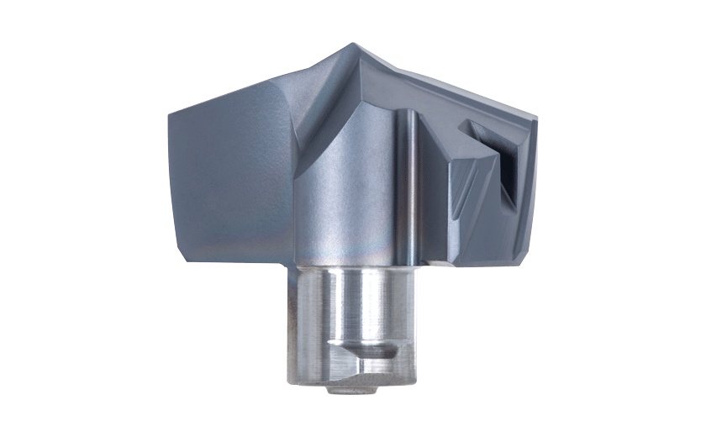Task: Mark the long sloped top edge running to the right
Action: (454, 88)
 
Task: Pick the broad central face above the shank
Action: (353, 185)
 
